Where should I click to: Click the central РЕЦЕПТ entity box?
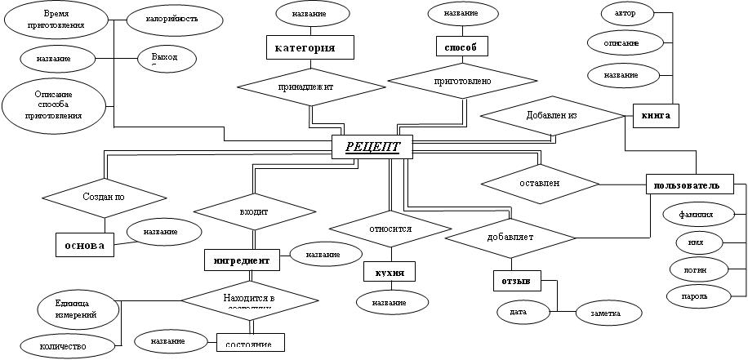tap(372, 147)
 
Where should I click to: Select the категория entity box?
tap(310, 47)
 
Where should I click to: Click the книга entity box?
tap(656, 116)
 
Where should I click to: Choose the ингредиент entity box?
tap(242, 260)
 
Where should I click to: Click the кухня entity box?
tap(390, 272)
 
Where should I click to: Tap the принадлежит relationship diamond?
tap(311, 85)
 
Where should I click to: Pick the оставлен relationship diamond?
tap(540, 183)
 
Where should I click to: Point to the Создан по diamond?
tap(105, 197)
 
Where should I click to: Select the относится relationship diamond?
tap(390, 229)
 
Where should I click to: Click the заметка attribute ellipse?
tap(605, 312)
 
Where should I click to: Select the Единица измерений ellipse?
tap(74, 308)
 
